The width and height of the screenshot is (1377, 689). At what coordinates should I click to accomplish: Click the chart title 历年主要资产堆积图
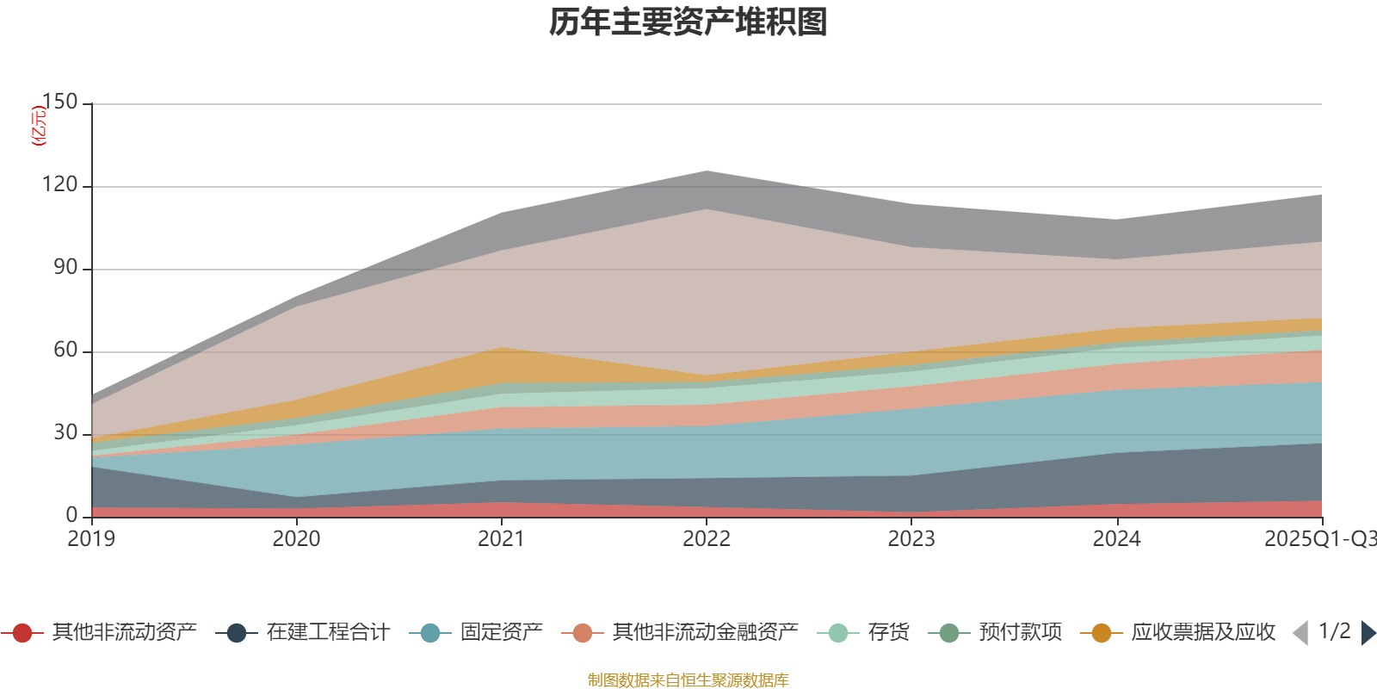click(x=688, y=23)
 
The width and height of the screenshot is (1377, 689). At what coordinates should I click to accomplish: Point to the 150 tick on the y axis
click(x=59, y=102)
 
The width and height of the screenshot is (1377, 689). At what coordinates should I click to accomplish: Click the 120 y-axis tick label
click(x=59, y=185)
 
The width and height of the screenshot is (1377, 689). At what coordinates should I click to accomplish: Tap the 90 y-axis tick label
click(x=65, y=268)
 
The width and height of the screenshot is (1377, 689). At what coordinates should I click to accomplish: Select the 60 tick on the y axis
click(x=65, y=351)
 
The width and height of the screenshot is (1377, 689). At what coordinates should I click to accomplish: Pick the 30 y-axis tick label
click(x=65, y=433)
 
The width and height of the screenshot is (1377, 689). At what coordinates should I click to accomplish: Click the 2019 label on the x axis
click(x=91, y=539)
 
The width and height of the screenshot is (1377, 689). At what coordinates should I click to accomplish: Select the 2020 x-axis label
click(x=296, y=539)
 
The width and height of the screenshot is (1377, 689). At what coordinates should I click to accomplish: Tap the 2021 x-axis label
click(x=501, y=539)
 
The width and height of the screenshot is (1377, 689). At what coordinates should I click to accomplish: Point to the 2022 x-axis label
click(x=707, y=539)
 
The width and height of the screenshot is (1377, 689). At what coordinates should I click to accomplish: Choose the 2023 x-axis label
click(x=911, y=539)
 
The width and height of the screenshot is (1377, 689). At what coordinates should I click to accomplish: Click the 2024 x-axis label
click(x=1116, y=539)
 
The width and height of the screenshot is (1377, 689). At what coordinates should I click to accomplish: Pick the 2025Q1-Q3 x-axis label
click(x=1319, y=539)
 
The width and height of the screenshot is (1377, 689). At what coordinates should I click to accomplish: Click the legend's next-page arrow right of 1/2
click(x=1368, y=633)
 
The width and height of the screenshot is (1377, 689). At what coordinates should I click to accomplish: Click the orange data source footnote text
click(x=688, y=680)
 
